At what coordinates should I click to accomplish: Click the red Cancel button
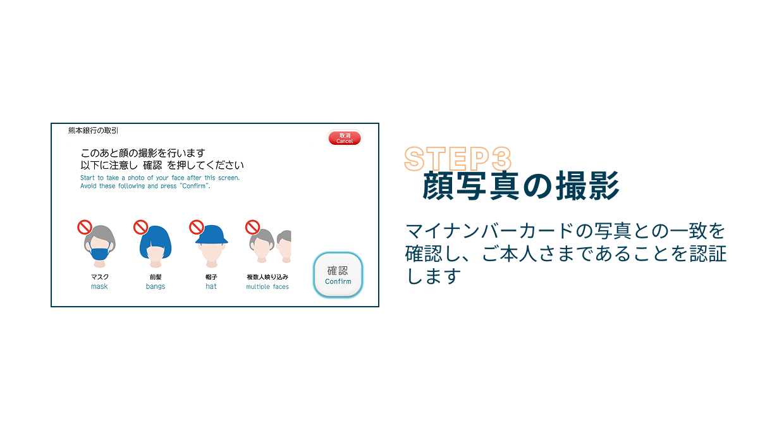[345, 138]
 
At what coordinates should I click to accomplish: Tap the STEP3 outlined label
[457, 159]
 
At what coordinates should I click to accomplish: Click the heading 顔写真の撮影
[520, 186]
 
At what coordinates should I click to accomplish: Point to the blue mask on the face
[99, 254]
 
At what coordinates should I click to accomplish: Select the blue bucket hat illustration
[211, 236]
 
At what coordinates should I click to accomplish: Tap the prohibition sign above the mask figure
[84, 226]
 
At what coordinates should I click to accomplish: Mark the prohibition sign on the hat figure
[197, 226]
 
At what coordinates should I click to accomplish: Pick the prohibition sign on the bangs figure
[140, 226]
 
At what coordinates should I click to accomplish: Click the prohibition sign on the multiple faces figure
[252, 226]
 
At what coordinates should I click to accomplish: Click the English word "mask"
[99, 286]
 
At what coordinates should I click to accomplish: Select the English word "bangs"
[156, 286]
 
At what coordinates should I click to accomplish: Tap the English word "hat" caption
[211, 286]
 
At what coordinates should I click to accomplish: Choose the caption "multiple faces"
[267, 286]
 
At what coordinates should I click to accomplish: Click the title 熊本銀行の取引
[94, 131]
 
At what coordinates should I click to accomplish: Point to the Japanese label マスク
[99, 276]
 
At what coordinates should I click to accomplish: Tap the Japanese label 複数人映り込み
[267, 276]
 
